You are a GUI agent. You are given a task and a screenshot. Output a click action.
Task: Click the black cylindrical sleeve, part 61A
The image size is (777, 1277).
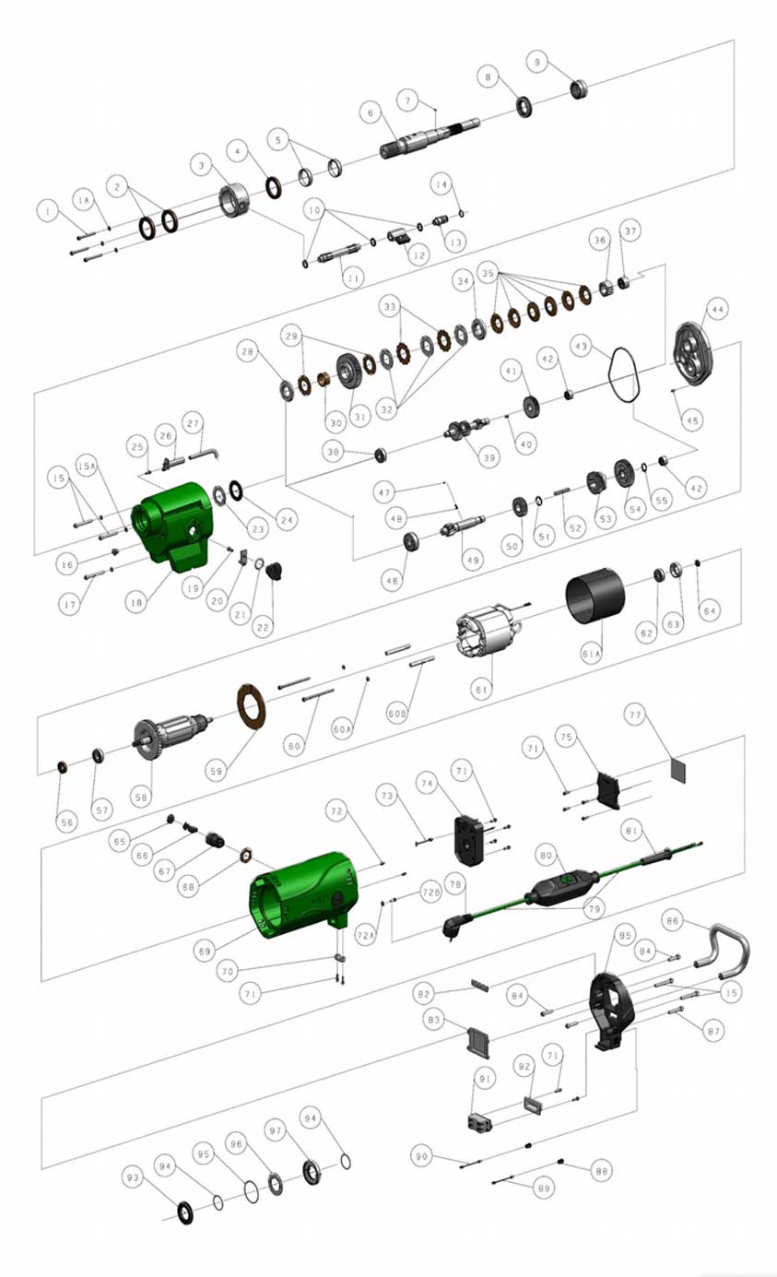(x=595, y=595)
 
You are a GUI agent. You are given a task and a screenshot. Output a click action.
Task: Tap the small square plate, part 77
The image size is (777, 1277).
(x=680, y=767)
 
